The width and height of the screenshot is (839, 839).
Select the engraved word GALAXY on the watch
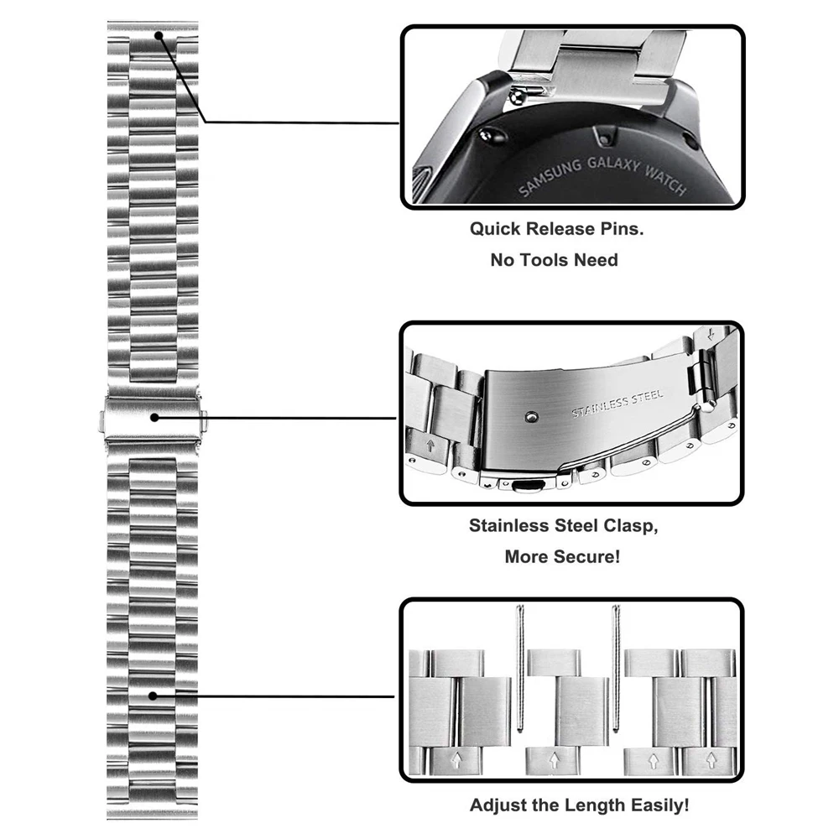point(612,164)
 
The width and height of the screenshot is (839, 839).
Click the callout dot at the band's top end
point(159,36)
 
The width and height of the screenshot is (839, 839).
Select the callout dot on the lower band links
point(154,695)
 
